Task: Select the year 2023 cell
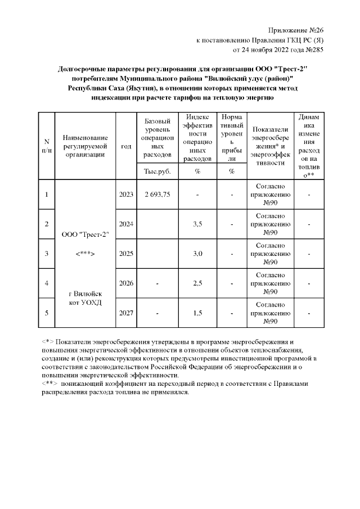click(126, 195)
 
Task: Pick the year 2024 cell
click(126, 224)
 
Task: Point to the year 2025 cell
click(126, 254)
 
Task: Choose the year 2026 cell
click(126, 283)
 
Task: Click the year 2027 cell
click(126, 313)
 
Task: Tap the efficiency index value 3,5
click(197, 224)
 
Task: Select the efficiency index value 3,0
click(197, 254)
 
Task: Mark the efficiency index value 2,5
click(197, 283)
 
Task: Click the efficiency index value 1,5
click(197, 313)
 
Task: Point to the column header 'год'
click(126, 146)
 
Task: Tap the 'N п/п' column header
click(47, 146)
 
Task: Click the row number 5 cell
click(47, 313)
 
